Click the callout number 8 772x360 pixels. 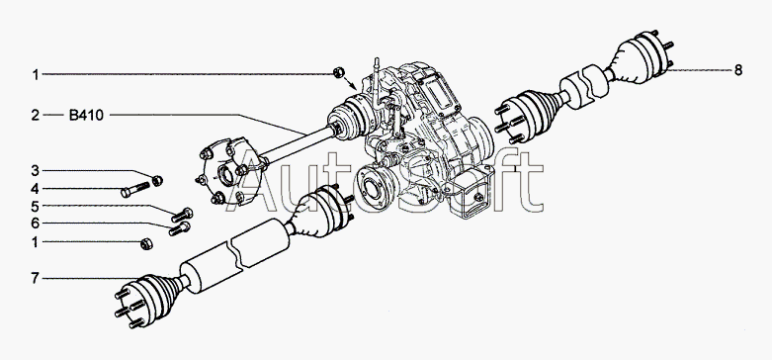point(737,70)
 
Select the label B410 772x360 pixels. point(86,116)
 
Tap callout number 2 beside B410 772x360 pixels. point(35,116)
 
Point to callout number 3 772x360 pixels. point(35,171)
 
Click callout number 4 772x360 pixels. point(35,189)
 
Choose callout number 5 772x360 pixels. point(35,206)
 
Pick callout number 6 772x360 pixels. point(35,224)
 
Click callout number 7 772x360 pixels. point(35,278)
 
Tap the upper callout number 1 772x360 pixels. point(35,75)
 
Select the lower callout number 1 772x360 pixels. point(35,242)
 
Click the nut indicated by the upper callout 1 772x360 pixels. point(338,72)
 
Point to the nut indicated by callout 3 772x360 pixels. point(157,181)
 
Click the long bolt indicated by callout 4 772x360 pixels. point(134,190)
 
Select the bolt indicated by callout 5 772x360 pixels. point(182,216)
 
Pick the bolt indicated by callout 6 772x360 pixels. point(179,228)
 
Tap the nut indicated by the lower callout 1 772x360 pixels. point(146,243)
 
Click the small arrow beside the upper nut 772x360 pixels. point(351,83)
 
